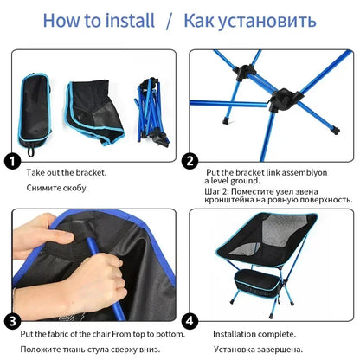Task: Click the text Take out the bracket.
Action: coord(67,173)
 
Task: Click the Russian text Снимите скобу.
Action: coord(56,188)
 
